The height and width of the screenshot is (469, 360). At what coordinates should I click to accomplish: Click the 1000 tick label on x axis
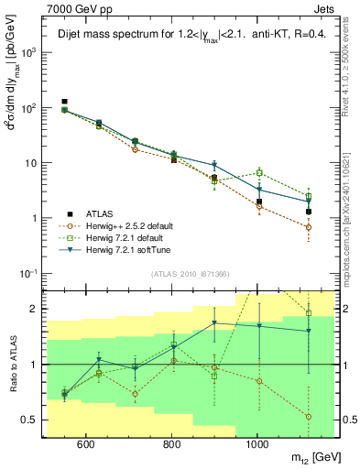[257, 444]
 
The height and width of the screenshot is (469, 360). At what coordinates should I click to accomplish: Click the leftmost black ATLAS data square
[64, 102]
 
